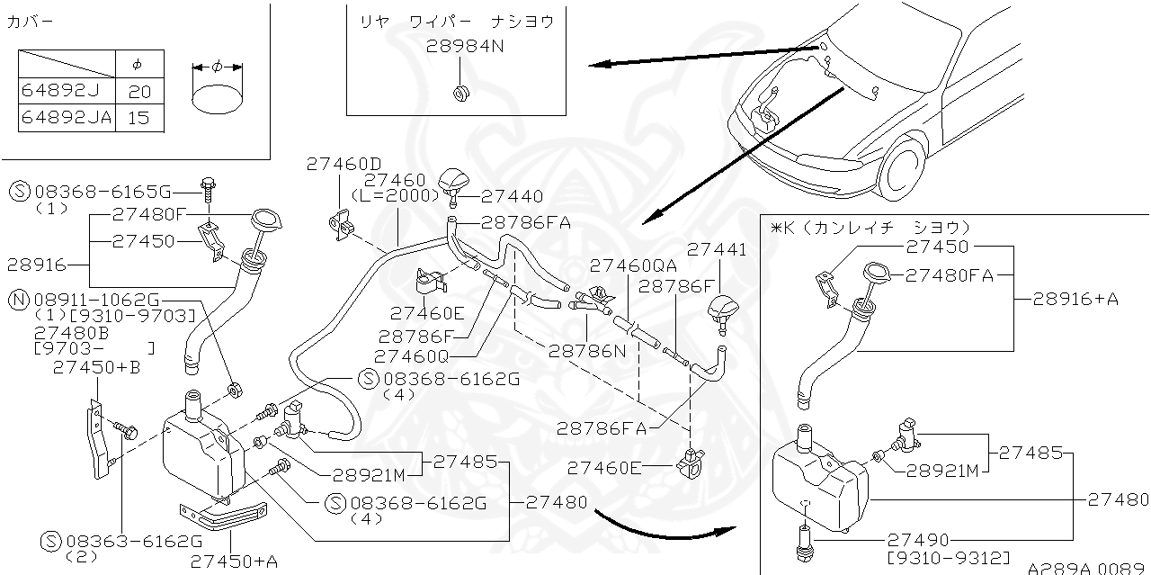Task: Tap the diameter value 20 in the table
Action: (140, 92)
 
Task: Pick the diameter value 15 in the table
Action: (140, 118)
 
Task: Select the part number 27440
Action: (513, 196)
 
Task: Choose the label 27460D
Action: (344, 164)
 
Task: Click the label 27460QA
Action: (633, 265)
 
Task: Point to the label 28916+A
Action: (1075, 300)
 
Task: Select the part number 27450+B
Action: (96, 367)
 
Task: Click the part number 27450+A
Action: (234, 562)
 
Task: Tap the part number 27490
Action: (918, 540)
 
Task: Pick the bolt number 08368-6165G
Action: (103, 192)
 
